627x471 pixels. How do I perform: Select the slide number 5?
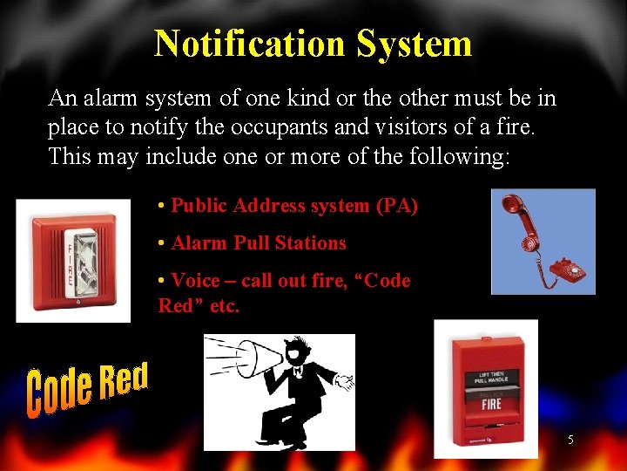pyautogui.click(x=570, y=440)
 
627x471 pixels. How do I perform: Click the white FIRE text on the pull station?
pyautogui.click(x=490, y=405)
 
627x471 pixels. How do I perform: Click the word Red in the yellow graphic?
pyautogui.click(x=124, y=379)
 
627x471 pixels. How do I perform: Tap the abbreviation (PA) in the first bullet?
pyautogui.click(x=396, y=206)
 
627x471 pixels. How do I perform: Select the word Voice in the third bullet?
pyautogui.click(x=195, y=281)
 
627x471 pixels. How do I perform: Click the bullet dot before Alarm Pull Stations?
pyautogui.click(x=162, y=243)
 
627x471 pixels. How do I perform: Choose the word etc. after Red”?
pyautogui.click(x=224, y=306)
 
